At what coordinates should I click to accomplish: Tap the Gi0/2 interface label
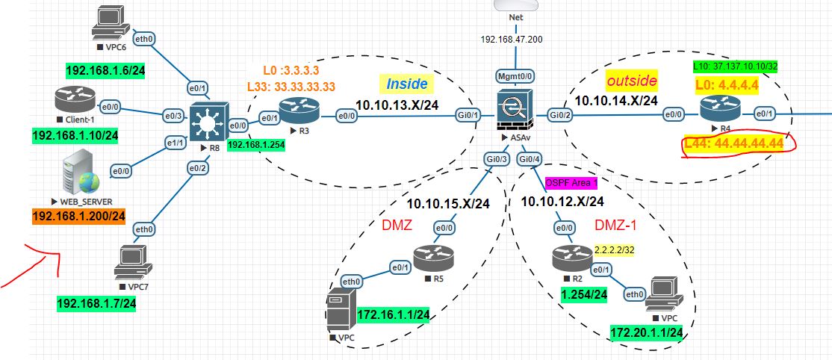[x=560, y=114]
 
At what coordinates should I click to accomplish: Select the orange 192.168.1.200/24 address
[x=78, y=217]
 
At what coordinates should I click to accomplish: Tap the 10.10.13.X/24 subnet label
[x=397, y=105]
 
